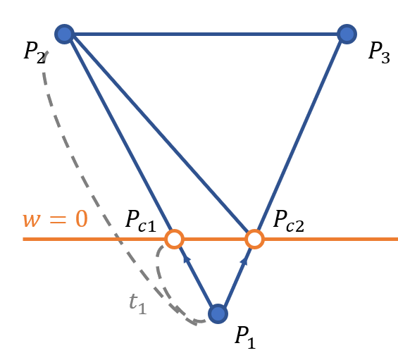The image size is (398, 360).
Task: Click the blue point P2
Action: click(65, 35)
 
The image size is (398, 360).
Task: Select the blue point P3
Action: click(347, 35)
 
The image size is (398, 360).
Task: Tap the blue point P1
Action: click(218, 314)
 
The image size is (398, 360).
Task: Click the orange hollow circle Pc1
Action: click(175, 239)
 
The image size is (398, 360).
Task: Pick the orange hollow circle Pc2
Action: click(254, 239)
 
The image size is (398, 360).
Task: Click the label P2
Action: click(35, 52)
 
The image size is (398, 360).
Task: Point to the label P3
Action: click(379, 52)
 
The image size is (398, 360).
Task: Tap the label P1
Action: click(245, 337)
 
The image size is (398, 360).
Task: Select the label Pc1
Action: click(141, 221)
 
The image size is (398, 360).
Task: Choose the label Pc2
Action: click(289, 221)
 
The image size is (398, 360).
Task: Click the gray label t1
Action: click(138, 304)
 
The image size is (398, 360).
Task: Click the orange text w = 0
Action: click(56, 219)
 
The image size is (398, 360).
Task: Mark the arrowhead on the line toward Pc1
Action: click(187, 259)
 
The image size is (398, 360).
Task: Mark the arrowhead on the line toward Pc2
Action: click(244, 261)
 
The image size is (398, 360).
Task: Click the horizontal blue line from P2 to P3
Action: click(206, 35)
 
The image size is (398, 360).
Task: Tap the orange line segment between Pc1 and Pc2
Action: click(214, 239)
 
